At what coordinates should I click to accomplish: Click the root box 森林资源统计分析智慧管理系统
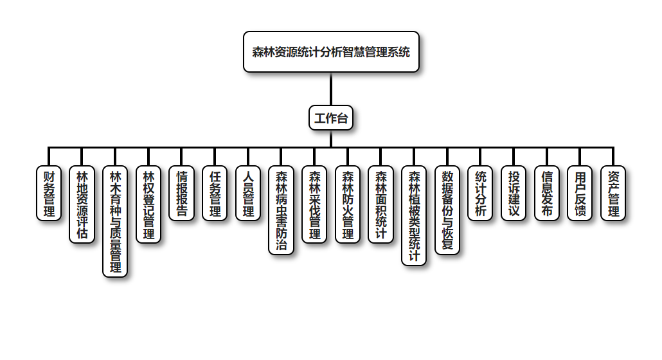[x=331, y=52]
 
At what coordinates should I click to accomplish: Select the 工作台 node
[x=331, y=118]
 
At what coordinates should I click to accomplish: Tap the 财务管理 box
[x=49, y=193]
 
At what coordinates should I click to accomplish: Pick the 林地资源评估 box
[x=82, y=204]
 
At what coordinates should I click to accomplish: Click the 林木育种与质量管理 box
[x=116, y=221]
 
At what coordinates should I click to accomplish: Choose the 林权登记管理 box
[x=148, y=204]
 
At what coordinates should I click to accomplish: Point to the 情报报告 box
[x=182, y=193]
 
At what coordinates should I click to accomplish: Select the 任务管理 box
[x=215, y=193]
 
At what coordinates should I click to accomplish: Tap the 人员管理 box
[x=248, y=193]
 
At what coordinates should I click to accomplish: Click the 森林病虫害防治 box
[x=282, y=210]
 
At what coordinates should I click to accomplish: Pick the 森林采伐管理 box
[x=314, y=204]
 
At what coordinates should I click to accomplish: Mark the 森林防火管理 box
[x=348, y=204]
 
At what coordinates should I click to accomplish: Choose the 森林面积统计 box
[x=381, y=204]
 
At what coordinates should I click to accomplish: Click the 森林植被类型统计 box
[x=415, y=215]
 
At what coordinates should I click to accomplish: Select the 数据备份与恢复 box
[x=447, y=210]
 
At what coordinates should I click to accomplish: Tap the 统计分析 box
[x=481, y=193]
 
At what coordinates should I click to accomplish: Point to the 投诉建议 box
[x=514, y=193]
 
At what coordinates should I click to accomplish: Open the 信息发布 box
[x=547, y=193]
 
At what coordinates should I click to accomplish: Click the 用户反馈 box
[x=580, y=193]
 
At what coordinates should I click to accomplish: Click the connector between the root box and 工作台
[x=331, y=89]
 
